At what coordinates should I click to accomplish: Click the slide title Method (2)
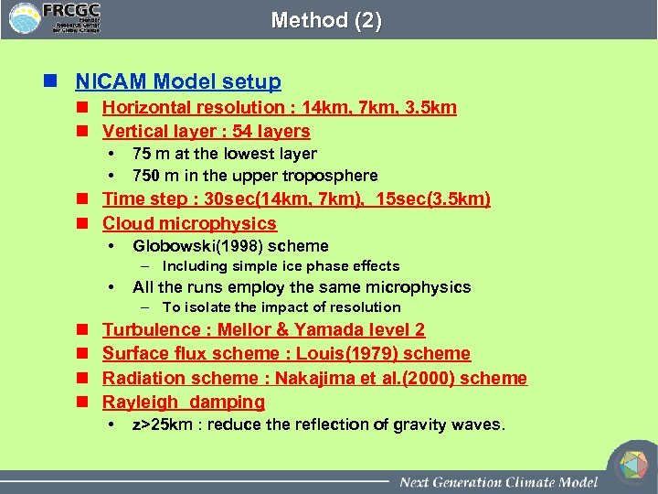tap(326, 20)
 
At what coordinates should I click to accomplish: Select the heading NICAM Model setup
tap(178, 82)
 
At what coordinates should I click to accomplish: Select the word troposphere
tap(325, 176)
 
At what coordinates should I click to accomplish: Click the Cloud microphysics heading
tap(189, 223)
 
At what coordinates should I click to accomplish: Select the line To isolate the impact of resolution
tap(281, 307)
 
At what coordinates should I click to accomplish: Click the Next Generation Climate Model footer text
tap(498, 481)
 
